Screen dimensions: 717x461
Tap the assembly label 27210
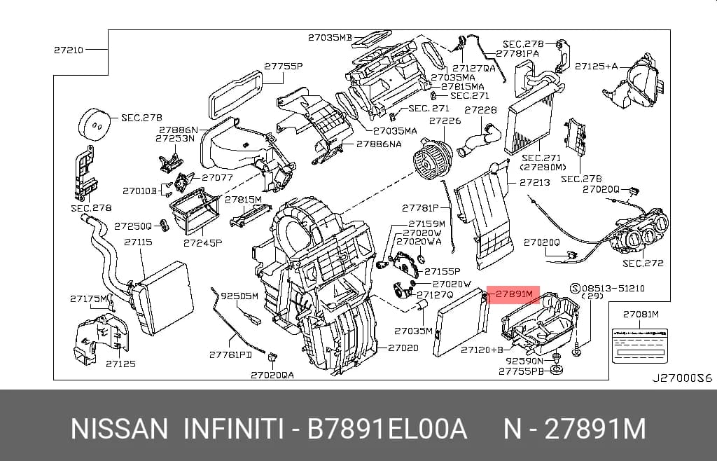[x=69, y=50]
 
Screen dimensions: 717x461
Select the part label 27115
[x=138, y=242]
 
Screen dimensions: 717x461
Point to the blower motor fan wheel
[x=432, y=158]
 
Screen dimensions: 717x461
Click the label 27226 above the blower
[x=445, y=121]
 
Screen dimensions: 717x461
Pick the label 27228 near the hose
[x=480, y=110]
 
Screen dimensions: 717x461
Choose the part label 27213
[x=535, y=182]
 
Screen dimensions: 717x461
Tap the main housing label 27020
[x=403, y=348]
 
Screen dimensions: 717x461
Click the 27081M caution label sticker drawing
[x=641, y=345]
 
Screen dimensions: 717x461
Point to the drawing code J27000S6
[x=682, y=378]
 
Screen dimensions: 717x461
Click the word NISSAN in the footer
[x=119, y=429]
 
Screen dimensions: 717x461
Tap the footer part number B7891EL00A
[x=387, y=429]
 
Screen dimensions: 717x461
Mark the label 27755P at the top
[x=284, y=67]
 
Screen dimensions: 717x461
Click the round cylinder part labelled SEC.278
[x=95, y=125]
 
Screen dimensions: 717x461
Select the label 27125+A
[x=596, y=67]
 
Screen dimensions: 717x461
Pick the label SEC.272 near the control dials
[x=643, y=263]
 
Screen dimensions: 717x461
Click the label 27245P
[x=202, y=243]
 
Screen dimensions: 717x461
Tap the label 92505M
[x=239, y=296]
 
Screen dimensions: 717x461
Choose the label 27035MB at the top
[x=330, y=38]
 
